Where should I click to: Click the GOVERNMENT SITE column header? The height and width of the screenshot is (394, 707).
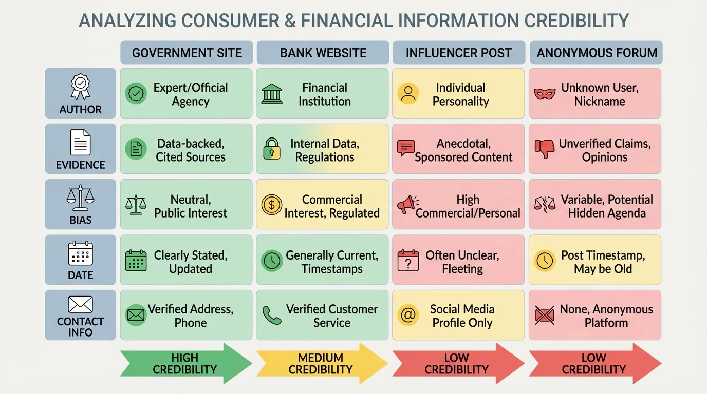187,53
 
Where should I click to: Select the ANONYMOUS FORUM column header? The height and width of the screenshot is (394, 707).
597,53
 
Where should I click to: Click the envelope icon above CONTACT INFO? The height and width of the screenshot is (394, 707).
81,304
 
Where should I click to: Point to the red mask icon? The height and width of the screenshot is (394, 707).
545,94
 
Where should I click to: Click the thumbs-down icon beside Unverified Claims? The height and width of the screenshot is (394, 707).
545,149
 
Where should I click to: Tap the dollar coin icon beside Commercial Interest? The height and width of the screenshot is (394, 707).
272,205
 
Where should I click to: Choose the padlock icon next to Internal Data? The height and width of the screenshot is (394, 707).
271,149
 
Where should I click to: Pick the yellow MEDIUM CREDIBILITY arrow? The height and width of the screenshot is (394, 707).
322,363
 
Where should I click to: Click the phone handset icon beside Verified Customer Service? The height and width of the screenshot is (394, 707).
271,316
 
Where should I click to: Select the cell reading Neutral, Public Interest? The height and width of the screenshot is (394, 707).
186,206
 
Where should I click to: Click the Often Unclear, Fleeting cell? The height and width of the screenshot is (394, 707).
458,261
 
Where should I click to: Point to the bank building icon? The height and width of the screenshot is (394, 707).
271,94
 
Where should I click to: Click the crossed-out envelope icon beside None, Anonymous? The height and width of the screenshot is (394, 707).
545,316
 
